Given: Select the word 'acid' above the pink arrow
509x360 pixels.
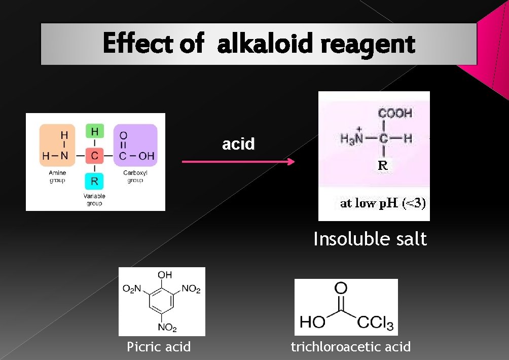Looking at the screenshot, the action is click(238, 144).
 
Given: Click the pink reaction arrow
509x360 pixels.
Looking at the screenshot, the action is click(238, 162).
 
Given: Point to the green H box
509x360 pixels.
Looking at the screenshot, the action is click(94, 131).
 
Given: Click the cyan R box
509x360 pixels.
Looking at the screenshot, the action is click(94, 180).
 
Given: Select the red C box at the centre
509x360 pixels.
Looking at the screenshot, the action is click(94, 156).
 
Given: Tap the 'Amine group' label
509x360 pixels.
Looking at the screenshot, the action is click(57, 176).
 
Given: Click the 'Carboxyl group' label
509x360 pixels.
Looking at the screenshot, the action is click(135, 176).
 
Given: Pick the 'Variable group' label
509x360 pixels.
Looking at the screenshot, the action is click(94, 200).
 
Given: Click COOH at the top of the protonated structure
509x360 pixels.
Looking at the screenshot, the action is click(395, 113).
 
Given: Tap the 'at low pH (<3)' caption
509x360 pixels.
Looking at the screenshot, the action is click(383, 203).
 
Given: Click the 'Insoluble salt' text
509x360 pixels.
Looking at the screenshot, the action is click(370, 239).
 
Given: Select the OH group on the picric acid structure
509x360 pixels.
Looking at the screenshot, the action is click(164, 275).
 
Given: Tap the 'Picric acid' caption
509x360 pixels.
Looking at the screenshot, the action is click(159, 347).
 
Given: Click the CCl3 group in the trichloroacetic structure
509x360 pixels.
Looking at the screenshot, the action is click(375, 322).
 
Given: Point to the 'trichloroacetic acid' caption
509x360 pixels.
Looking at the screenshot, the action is click(350, 347).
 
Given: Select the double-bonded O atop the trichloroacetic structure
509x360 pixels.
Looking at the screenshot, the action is click(340, 289).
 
